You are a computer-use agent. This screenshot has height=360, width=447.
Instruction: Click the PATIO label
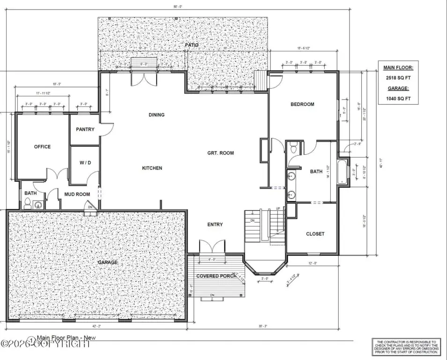point(191,45)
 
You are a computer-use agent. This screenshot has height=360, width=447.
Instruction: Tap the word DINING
point(156,115)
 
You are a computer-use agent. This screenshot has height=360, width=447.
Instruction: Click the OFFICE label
point(42,147)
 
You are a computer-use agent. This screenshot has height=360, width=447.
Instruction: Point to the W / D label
point(85,163)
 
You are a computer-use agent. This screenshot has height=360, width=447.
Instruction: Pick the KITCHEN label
point(152,168)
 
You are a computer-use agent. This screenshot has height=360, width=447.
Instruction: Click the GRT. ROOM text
point(221,153)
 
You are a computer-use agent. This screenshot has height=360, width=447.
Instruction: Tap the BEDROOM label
point(302,104)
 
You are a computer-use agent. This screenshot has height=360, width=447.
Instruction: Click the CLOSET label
point(315,234)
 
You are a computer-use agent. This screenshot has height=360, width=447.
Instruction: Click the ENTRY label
point(215,225)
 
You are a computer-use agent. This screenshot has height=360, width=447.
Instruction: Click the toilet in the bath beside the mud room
point(28,203)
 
